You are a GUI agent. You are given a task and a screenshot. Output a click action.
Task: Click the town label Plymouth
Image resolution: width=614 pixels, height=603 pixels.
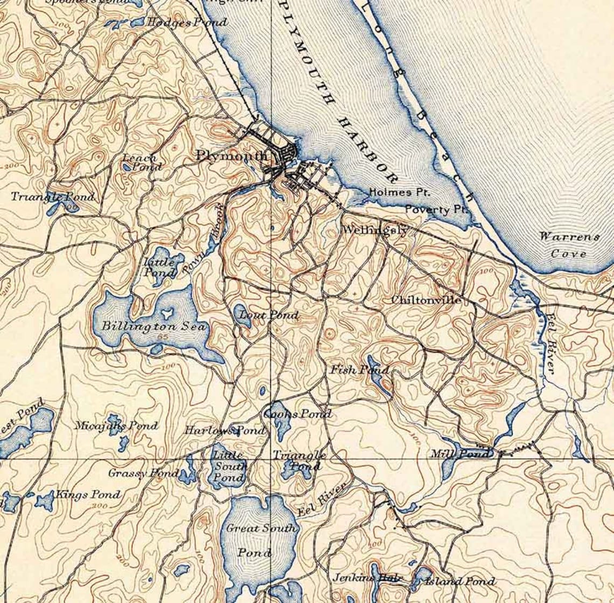232,156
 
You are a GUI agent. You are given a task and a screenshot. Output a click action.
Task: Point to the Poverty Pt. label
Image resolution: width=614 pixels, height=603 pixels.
436,209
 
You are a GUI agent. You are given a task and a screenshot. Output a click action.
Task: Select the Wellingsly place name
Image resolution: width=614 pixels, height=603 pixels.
375,230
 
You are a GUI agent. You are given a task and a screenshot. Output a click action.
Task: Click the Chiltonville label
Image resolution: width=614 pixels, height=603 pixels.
426,300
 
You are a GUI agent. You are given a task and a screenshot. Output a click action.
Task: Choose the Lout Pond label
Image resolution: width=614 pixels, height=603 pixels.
268,315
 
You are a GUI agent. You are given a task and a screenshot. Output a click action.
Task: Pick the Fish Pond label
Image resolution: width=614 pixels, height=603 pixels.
359,370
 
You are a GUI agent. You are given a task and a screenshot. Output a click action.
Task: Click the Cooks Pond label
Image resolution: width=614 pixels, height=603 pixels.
297,414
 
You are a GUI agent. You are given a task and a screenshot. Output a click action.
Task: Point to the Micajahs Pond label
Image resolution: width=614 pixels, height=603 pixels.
116,426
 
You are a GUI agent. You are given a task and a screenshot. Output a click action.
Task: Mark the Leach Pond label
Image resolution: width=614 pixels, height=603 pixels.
142,162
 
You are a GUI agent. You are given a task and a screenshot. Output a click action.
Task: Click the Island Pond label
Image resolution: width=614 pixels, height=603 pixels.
459,581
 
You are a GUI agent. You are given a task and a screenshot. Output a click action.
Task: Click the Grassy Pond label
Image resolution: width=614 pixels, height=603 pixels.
143,473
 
